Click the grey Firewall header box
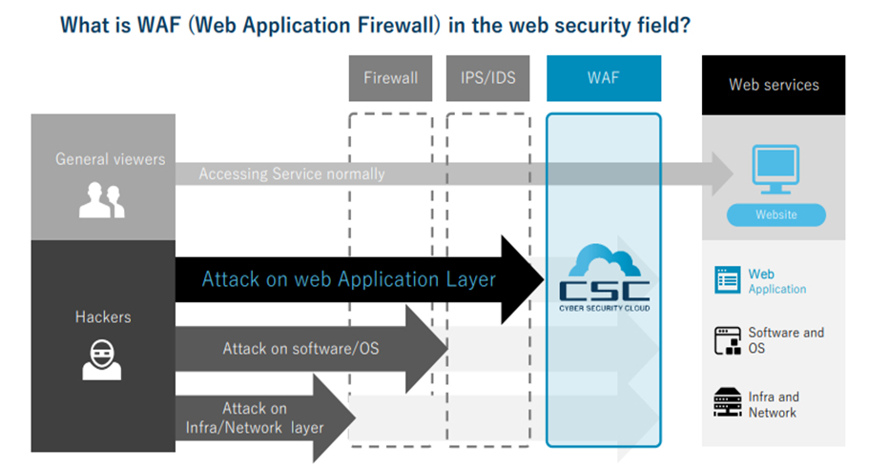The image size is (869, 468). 390,78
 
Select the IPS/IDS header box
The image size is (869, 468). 487,78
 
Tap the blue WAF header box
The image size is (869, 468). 604,78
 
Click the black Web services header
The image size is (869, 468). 774,84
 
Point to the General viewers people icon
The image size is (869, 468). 102,201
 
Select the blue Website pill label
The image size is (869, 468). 776,214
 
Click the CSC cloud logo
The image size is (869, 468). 603,276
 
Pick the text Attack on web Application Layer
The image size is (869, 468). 348,279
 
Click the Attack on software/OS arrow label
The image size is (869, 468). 300,348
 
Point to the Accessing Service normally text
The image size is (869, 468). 292,174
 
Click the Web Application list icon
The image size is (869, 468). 727,280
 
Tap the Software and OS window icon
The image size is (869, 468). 727,340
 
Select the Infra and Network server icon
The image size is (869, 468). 727,403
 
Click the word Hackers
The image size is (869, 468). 102,315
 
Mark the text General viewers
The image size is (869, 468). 110,159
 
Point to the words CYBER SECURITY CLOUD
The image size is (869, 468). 603,308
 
